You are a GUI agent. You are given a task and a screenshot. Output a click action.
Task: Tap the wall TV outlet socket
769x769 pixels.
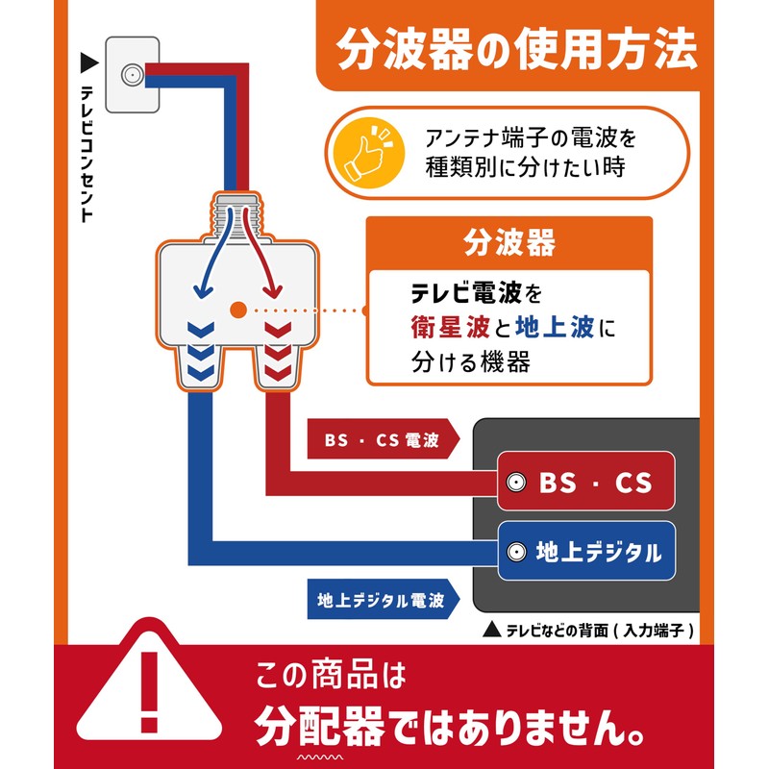click(132, 75)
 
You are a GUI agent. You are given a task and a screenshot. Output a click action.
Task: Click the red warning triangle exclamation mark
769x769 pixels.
click(150, 691)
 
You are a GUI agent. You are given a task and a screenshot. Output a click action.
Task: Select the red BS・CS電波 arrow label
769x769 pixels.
click(383, 439)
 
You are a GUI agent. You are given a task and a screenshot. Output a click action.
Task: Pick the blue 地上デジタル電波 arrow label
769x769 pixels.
click(383, 599)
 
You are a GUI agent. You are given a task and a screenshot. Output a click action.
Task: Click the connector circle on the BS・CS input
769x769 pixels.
click(516, 483)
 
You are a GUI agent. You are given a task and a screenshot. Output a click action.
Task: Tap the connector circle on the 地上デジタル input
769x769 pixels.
click(516, 552)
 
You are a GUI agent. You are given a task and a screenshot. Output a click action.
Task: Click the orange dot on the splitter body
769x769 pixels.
click(238, 310)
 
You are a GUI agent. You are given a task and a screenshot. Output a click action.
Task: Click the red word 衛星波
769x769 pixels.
click(450, 327)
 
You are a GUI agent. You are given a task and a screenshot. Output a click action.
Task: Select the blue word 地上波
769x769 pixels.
click(556, 327)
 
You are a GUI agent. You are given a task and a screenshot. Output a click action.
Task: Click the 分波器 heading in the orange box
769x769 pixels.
click(509, 243)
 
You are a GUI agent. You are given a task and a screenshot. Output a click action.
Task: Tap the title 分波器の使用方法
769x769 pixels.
click(516, 49)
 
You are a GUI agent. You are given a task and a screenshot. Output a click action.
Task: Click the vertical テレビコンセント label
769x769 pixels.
click(87, 154)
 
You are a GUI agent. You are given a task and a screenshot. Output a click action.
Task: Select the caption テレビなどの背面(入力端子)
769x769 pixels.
click(599, 631)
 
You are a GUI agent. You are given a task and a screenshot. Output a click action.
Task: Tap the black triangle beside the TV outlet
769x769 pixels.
click(89, 62)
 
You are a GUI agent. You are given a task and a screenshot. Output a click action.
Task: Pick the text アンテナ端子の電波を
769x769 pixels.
click(531, 137)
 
